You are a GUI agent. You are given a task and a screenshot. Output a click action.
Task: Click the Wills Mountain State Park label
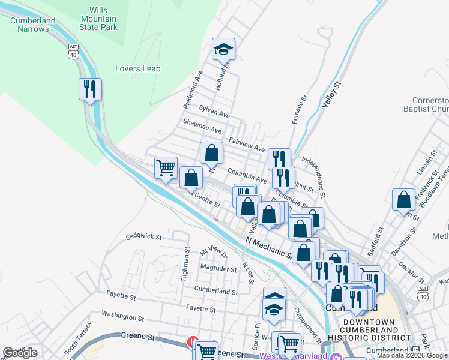click(98, 19)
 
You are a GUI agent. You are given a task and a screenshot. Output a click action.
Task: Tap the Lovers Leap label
click(138, 68)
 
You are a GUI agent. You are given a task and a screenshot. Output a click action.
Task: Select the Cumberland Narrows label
click(32, 24)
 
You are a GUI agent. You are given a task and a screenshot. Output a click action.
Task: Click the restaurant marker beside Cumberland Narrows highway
click(90, 89)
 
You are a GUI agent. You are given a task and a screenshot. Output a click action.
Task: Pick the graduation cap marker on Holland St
click(223, 49)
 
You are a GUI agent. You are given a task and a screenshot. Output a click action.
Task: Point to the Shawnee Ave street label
click(202, 130)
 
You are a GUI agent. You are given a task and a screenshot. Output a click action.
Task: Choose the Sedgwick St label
click(144, 237)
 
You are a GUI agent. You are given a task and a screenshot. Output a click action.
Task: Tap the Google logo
click(20, 353)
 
